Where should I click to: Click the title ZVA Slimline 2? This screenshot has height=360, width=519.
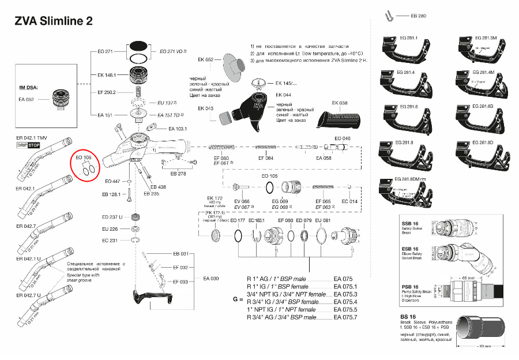(53, 21)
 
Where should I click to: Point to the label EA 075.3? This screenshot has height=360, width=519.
(346, 294)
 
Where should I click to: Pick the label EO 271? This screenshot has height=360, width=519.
(104, 51)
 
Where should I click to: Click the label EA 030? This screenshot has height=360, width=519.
(211, 279)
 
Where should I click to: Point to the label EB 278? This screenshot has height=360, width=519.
(178, 173)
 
